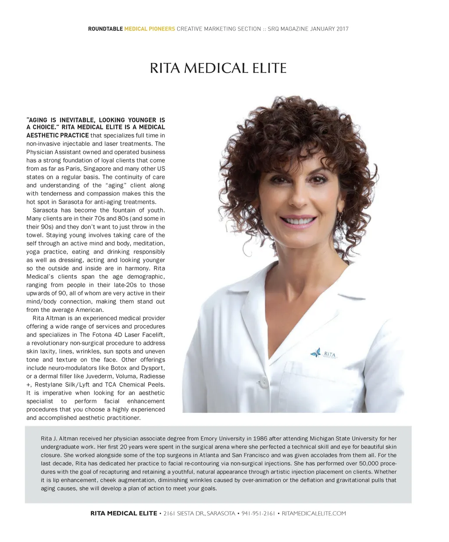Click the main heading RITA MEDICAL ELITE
pos(218,69)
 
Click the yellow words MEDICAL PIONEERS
pos(150,29)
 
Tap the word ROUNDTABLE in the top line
pos(105,29)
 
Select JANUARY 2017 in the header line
pos(329,29)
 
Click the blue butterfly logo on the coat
pos(315,352)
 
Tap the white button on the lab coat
pos(264,381)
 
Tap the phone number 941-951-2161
pos(258,514)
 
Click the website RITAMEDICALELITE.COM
pos(314,514)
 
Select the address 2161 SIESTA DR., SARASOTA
pos(199,514)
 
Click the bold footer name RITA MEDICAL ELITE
pos(124,514)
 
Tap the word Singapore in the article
pos(97,169)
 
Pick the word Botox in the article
pos(118,368)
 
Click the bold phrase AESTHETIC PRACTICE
pos(57,135)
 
